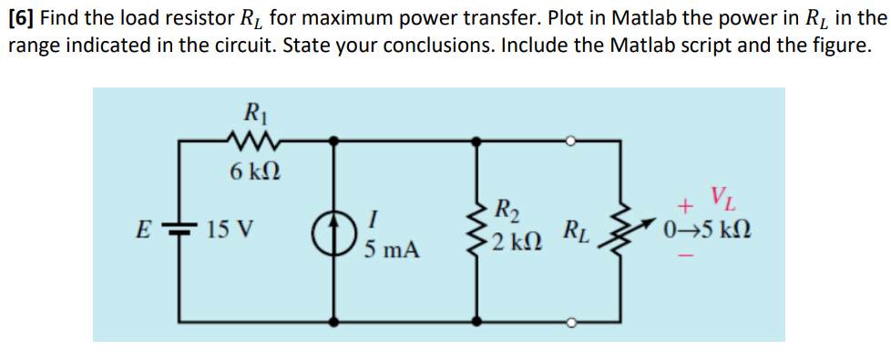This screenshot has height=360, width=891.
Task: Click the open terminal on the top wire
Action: tap(570, 140)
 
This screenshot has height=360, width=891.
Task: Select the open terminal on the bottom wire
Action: tap(570, 322)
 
